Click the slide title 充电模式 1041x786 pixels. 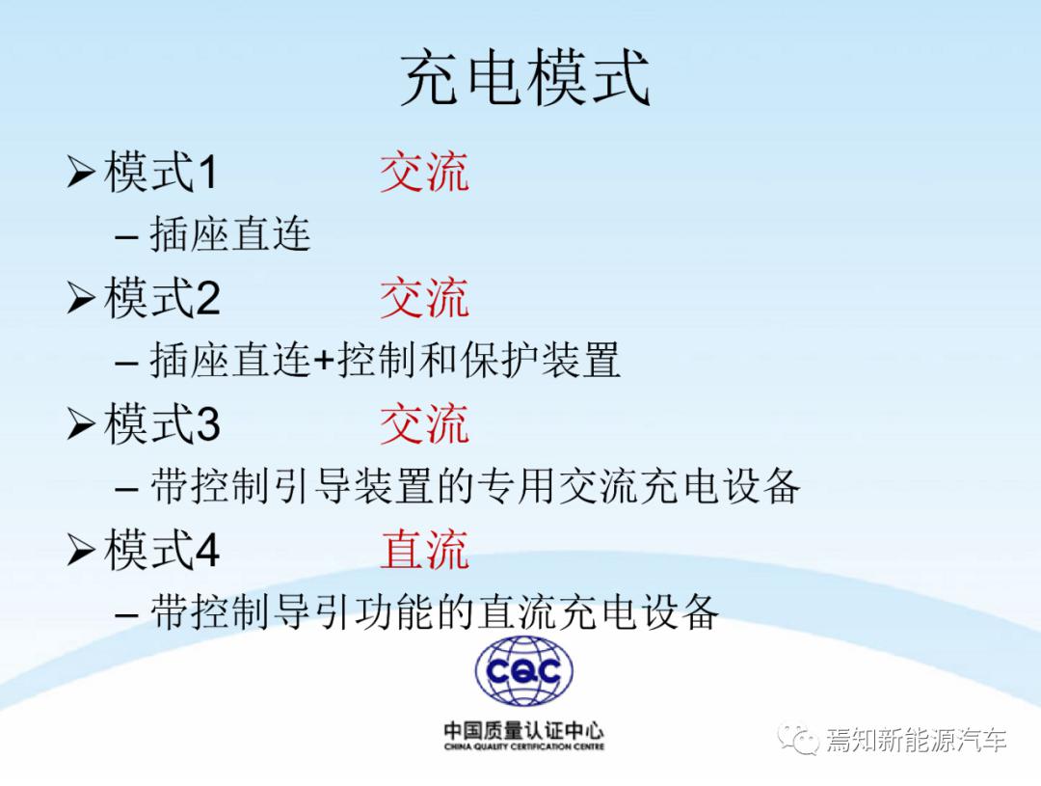(x=524, y=77)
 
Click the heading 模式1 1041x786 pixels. (x=161, y=172)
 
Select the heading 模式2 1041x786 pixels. (x=162, y=298)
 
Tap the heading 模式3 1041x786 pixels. (x=162, y=423)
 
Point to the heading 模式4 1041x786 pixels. (x=162, y=549)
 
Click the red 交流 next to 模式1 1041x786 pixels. (x=424, y=172)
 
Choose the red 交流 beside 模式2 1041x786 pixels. (x=424, y=298)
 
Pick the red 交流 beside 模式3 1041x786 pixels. (x=424, y=423)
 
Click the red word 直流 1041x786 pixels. (x=424, y=549)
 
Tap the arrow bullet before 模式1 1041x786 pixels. (x=81, y=172)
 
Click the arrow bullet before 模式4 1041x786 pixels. (x=81, y=550)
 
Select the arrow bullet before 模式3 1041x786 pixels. (x=81, y=424)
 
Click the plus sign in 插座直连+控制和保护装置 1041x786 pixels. (x=324, y=362)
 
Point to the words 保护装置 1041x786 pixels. (x=541, y=360)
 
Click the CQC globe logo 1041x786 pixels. (x=523, y=671)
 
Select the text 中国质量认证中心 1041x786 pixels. (x=523, y=730)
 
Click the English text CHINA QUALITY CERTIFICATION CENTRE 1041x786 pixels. (x=523, y=746)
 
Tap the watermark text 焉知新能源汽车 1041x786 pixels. (x=917, y=740)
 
